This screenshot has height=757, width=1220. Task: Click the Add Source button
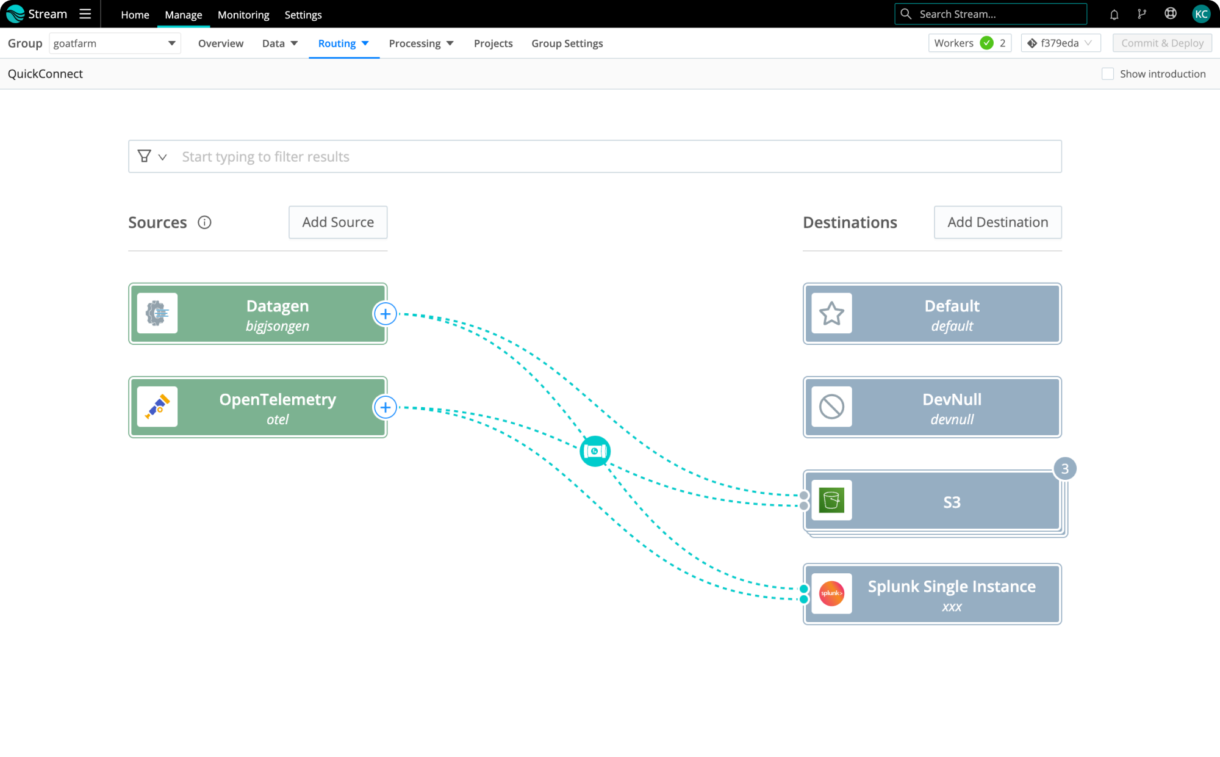pos(338,222)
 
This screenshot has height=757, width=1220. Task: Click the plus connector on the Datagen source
pos(385,314)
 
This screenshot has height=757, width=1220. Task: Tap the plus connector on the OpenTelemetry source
pos(385,407)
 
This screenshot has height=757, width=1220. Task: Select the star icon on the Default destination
pos(831,314)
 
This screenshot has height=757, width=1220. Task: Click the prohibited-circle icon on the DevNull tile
pos(831,407)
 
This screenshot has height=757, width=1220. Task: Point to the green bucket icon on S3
pos(831,501)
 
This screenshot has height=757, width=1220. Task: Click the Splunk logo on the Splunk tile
pos(831,593)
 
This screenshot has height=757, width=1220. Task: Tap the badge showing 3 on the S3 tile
pos(1065,469)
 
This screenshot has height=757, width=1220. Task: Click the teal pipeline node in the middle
pos(595,451)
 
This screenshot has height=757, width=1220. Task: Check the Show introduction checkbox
pos(1108,74)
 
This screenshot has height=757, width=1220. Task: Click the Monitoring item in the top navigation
pos(243,15)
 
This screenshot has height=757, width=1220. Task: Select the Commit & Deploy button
pos(1162,43)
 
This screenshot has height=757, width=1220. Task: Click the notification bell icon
pos(1114,15)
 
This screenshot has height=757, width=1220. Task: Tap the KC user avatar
pos(1201,14)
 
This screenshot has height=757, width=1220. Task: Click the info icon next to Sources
pos(204,223)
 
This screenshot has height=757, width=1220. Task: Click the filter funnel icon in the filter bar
pos(145,156)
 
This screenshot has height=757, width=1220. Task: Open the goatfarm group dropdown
pos(115,43)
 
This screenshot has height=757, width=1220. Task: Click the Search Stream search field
pos(991,14)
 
